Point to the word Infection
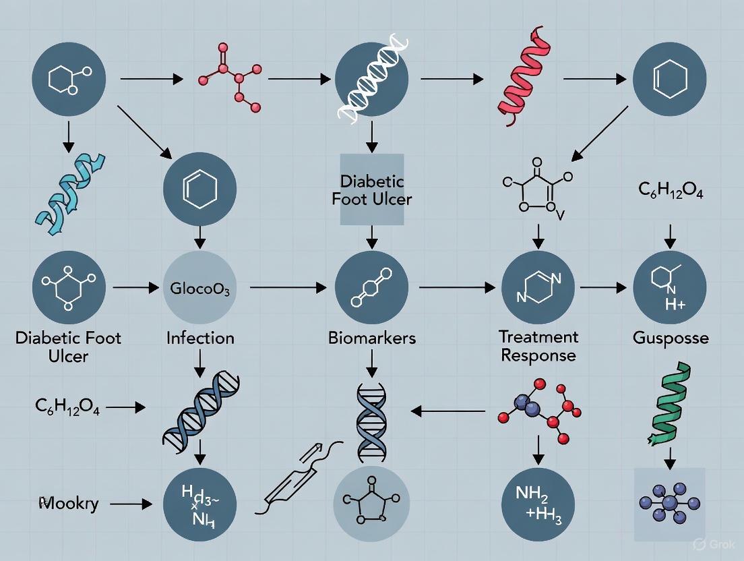(x=200, y=337)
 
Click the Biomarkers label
(x=372, y=337)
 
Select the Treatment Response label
(x=538, y=345)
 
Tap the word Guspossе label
(x=671, y=337)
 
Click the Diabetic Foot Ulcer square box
(x=372, y=189)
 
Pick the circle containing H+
(x=670, y=288)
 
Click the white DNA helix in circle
(x=371, y=80)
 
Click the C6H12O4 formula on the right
(x=670, y=189)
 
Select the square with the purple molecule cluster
(x=670, y=504)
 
